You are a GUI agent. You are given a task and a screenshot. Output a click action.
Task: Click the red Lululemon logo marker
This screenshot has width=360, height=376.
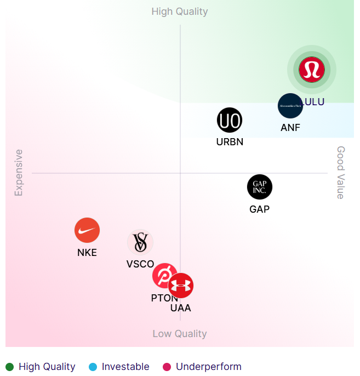click(312, 70)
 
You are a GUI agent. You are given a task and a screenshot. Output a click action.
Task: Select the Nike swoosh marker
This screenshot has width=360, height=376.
click(87, 230)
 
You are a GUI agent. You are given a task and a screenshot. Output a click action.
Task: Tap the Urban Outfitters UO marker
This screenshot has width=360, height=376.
click(229, 121)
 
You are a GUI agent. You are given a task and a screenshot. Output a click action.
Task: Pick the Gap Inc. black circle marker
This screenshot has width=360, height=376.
click(260, 187)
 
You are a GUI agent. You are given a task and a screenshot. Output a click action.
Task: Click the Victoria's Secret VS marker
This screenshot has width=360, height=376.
click(140, 242)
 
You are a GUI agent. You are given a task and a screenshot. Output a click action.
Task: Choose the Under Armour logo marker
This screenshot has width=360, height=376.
click(181, 286)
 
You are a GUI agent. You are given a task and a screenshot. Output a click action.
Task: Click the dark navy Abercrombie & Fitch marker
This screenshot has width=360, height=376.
click(290, 106)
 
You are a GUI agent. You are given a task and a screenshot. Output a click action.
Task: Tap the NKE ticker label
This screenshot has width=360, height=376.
click(87, 253)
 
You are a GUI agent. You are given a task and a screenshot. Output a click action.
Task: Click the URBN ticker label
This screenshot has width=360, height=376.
click(230, 142)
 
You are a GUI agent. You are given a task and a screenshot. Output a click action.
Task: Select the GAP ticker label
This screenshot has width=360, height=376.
click(260, 209)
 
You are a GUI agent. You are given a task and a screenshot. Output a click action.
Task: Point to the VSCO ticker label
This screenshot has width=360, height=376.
click(140, 264)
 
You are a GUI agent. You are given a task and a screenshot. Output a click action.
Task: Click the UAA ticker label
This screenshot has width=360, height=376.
click(181, 308)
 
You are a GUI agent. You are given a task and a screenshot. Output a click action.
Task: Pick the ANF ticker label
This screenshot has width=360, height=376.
click(290, 128)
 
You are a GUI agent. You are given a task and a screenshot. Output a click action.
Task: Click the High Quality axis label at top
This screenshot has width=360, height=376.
click(180, 12)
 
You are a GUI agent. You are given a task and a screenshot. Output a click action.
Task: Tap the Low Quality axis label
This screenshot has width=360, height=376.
click(180, 334)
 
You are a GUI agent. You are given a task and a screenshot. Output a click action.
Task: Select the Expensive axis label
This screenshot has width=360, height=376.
click(19, 173)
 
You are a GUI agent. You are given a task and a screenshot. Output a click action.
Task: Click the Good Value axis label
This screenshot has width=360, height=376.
click(341, 173)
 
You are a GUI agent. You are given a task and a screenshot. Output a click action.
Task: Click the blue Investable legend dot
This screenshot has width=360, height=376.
click(93, 367)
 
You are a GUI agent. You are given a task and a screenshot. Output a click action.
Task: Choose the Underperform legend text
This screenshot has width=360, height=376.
click(209, 367)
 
